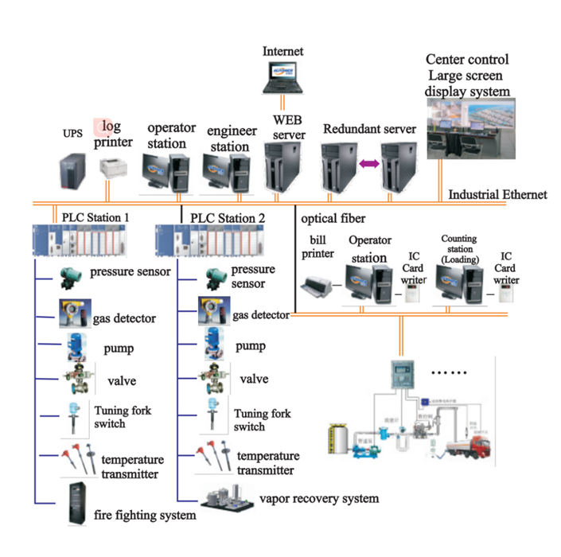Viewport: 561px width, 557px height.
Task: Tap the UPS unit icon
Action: [x=72, y=170]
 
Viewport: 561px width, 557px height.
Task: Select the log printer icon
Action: [x=114, y=169]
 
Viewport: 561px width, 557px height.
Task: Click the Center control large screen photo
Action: [x=471, y=128]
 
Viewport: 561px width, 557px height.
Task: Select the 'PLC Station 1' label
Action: [x=95, y=216]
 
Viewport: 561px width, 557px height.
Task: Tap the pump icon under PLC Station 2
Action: [x=211, y=345]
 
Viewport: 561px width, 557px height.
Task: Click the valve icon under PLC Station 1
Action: [x=79, y=377]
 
